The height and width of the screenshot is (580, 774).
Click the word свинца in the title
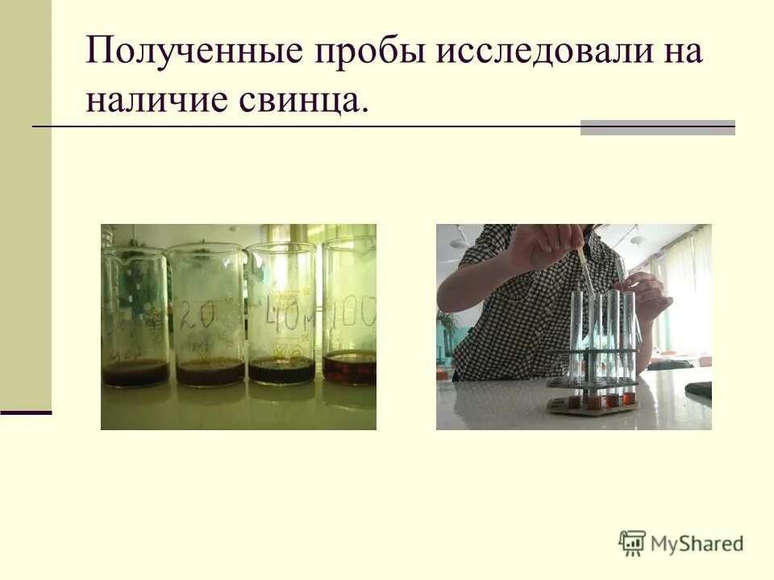click(x=302, y=99)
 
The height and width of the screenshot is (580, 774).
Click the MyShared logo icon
click(x=632, y=544)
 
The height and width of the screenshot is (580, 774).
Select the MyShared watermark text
click(x=697, y=545)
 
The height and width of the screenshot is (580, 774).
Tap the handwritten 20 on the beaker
click(x=197, y=317)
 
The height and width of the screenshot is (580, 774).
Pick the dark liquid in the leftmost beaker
click(x=135, y=374)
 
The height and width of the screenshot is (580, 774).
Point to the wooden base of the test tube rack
click(x=593, y=405)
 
